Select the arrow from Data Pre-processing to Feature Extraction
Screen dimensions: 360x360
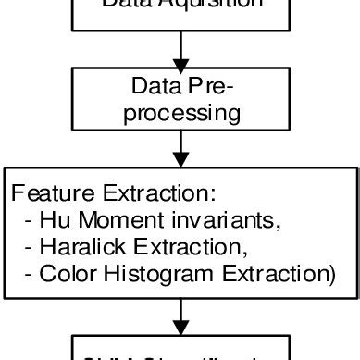tap(181, 148)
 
